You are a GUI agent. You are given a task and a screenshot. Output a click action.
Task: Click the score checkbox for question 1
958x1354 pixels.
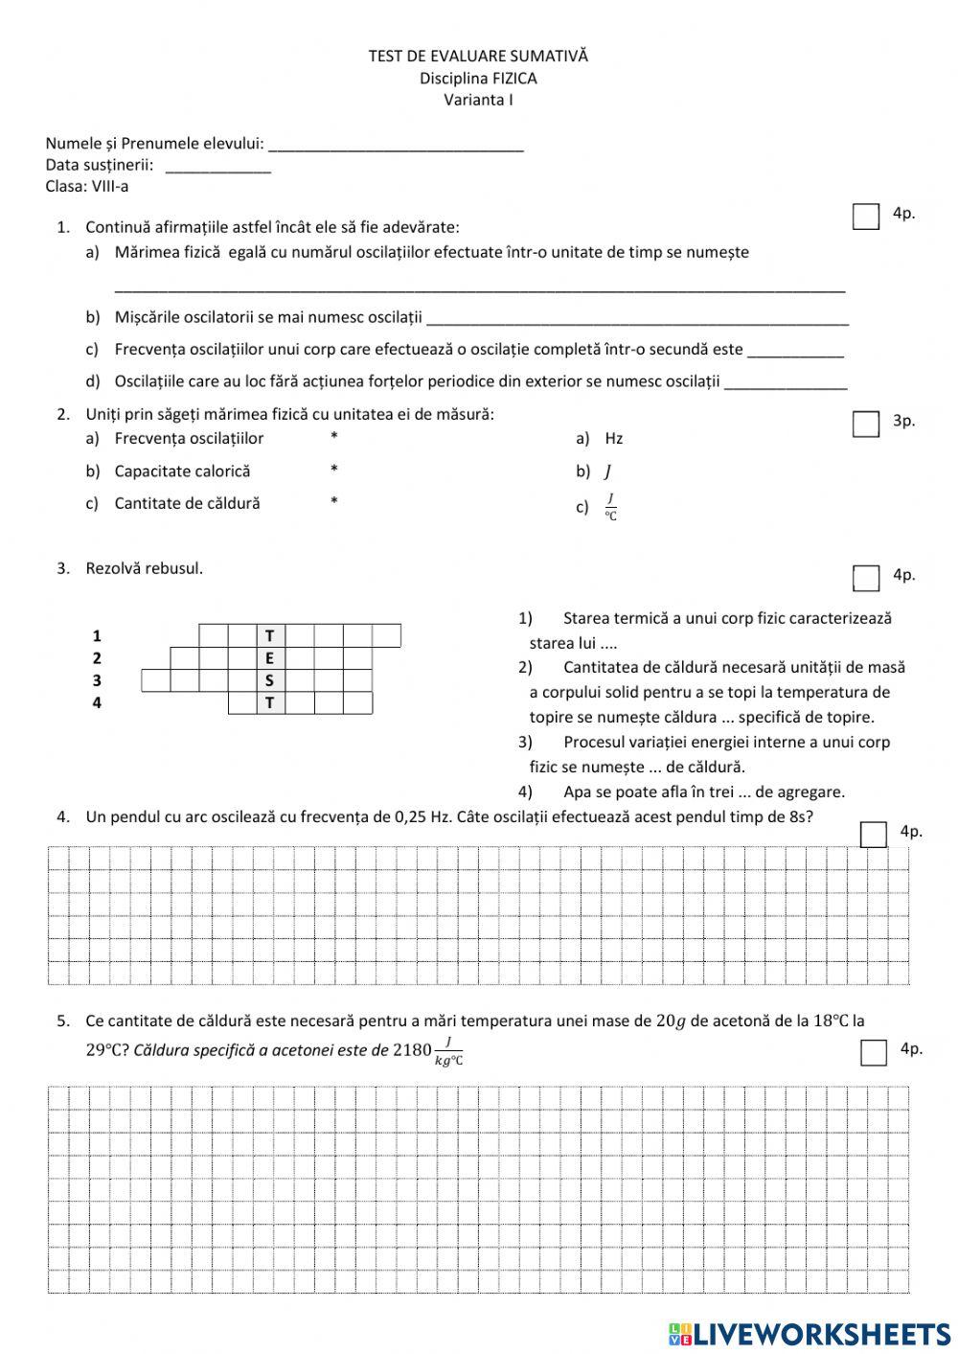[x=865, y=218]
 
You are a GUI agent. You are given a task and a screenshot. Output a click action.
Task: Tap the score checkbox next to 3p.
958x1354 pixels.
[x=865, y=424]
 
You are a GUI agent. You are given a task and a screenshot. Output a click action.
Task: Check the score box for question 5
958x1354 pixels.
[x=873, y=1052]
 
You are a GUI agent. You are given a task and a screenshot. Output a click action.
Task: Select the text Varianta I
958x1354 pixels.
[x=478, y=100]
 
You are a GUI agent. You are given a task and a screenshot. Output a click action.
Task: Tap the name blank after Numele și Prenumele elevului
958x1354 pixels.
[x=396, y=145]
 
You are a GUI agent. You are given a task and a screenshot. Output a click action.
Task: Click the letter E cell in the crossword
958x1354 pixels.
[x=270, y=658]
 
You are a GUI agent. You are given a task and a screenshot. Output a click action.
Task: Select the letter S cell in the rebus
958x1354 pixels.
[x=270, y=681]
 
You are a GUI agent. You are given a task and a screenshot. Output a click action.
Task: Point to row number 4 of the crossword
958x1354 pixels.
[x=97, y=703]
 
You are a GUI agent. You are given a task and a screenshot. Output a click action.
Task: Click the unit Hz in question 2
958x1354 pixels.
[x=614, y=439]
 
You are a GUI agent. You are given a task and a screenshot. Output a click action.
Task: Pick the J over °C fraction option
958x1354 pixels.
[x=610, y=507]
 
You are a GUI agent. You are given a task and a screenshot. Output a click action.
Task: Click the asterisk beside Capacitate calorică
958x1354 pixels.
[x=333, y=470]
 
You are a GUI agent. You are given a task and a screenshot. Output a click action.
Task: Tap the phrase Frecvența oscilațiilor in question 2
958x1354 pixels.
[x=189, y=439]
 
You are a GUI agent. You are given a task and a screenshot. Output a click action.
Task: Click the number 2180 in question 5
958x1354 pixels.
[x=412, y=1050]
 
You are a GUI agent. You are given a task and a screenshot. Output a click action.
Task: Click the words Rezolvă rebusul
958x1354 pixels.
[x=144, y=568]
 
